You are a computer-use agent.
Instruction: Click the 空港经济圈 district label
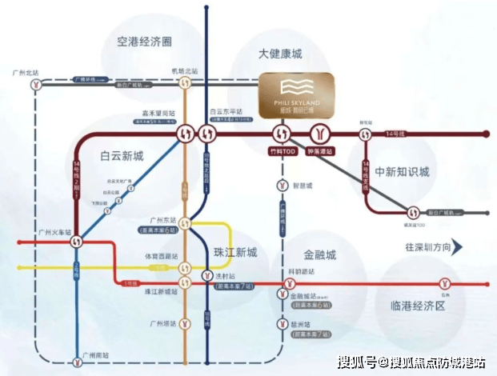tap(145, 42)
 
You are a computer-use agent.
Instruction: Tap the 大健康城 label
tap(280, 54)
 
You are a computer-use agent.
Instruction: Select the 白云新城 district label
tap(122, 155)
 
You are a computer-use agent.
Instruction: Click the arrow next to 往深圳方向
tap(458, 247)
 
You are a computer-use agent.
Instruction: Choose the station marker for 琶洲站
tap(282, 324)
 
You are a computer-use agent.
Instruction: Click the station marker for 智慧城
tap(282, 186)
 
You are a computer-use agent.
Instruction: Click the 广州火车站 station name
tap(55, 233)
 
